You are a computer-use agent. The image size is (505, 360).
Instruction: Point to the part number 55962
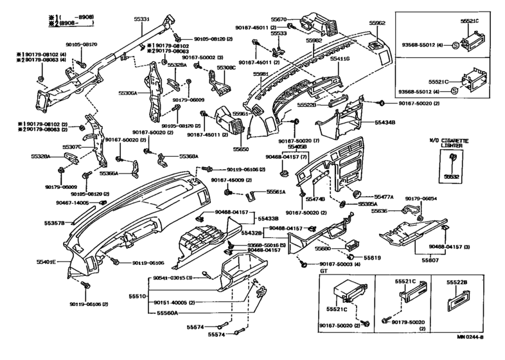(377, 22)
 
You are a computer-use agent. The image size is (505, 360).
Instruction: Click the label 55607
(429, 260)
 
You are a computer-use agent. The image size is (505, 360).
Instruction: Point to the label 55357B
(55, 222)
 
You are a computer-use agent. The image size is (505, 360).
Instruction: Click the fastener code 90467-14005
(73, 202)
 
